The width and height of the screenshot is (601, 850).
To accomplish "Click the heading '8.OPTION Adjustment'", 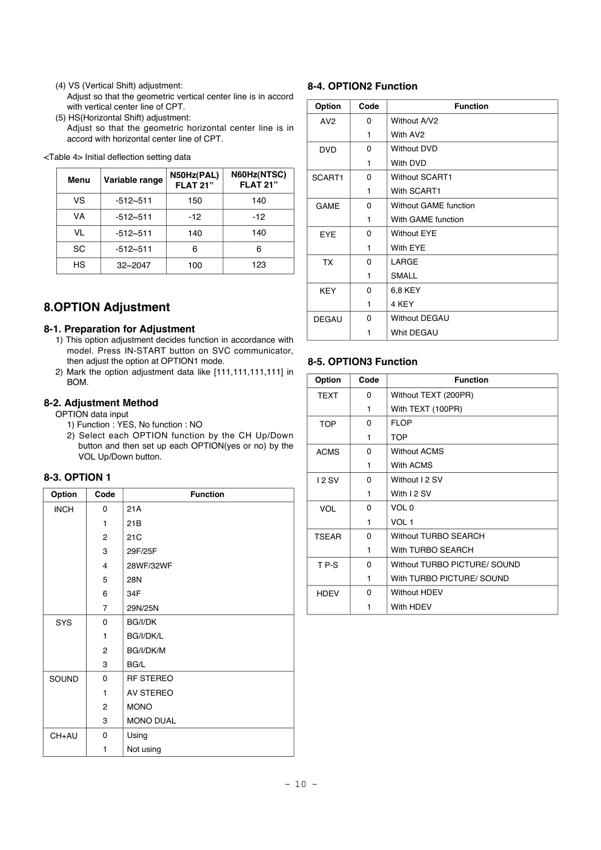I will pos(107,308).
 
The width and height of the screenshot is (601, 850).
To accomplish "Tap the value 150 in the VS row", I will pos(194,201).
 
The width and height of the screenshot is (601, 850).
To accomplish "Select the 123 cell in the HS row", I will pos(259,265).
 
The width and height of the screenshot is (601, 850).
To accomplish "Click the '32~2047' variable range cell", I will pos(133,265).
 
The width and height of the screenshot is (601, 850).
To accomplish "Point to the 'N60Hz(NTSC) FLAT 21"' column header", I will pos(259,180).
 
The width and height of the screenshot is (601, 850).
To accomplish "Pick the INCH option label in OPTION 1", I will pos(64,510).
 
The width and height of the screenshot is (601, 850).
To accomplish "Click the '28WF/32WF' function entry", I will pos(149,566).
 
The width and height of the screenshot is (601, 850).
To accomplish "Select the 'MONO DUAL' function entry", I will pos(151,721).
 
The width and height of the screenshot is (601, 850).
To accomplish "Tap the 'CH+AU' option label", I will pos(64,736).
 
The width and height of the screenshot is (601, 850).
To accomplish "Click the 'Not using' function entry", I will pos(144,750).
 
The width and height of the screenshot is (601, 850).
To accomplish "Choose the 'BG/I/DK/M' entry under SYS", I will pos(146,651).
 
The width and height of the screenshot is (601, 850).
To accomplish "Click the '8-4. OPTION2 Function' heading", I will pos(362,87).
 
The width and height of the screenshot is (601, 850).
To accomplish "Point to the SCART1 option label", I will pos(327,178).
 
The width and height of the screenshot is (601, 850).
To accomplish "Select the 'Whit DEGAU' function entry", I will pos(414,333).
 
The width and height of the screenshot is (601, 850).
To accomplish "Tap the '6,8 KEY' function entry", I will pos(405,291).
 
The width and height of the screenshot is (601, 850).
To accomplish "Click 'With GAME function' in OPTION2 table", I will pos(427,220).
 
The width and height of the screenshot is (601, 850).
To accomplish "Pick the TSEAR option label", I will pos(327,537).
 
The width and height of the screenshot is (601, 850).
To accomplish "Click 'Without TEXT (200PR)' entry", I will pos(432,395).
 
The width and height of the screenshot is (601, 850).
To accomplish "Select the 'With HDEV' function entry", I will pos(411,607).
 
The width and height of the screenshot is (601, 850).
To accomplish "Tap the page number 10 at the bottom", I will pos(301,785).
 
